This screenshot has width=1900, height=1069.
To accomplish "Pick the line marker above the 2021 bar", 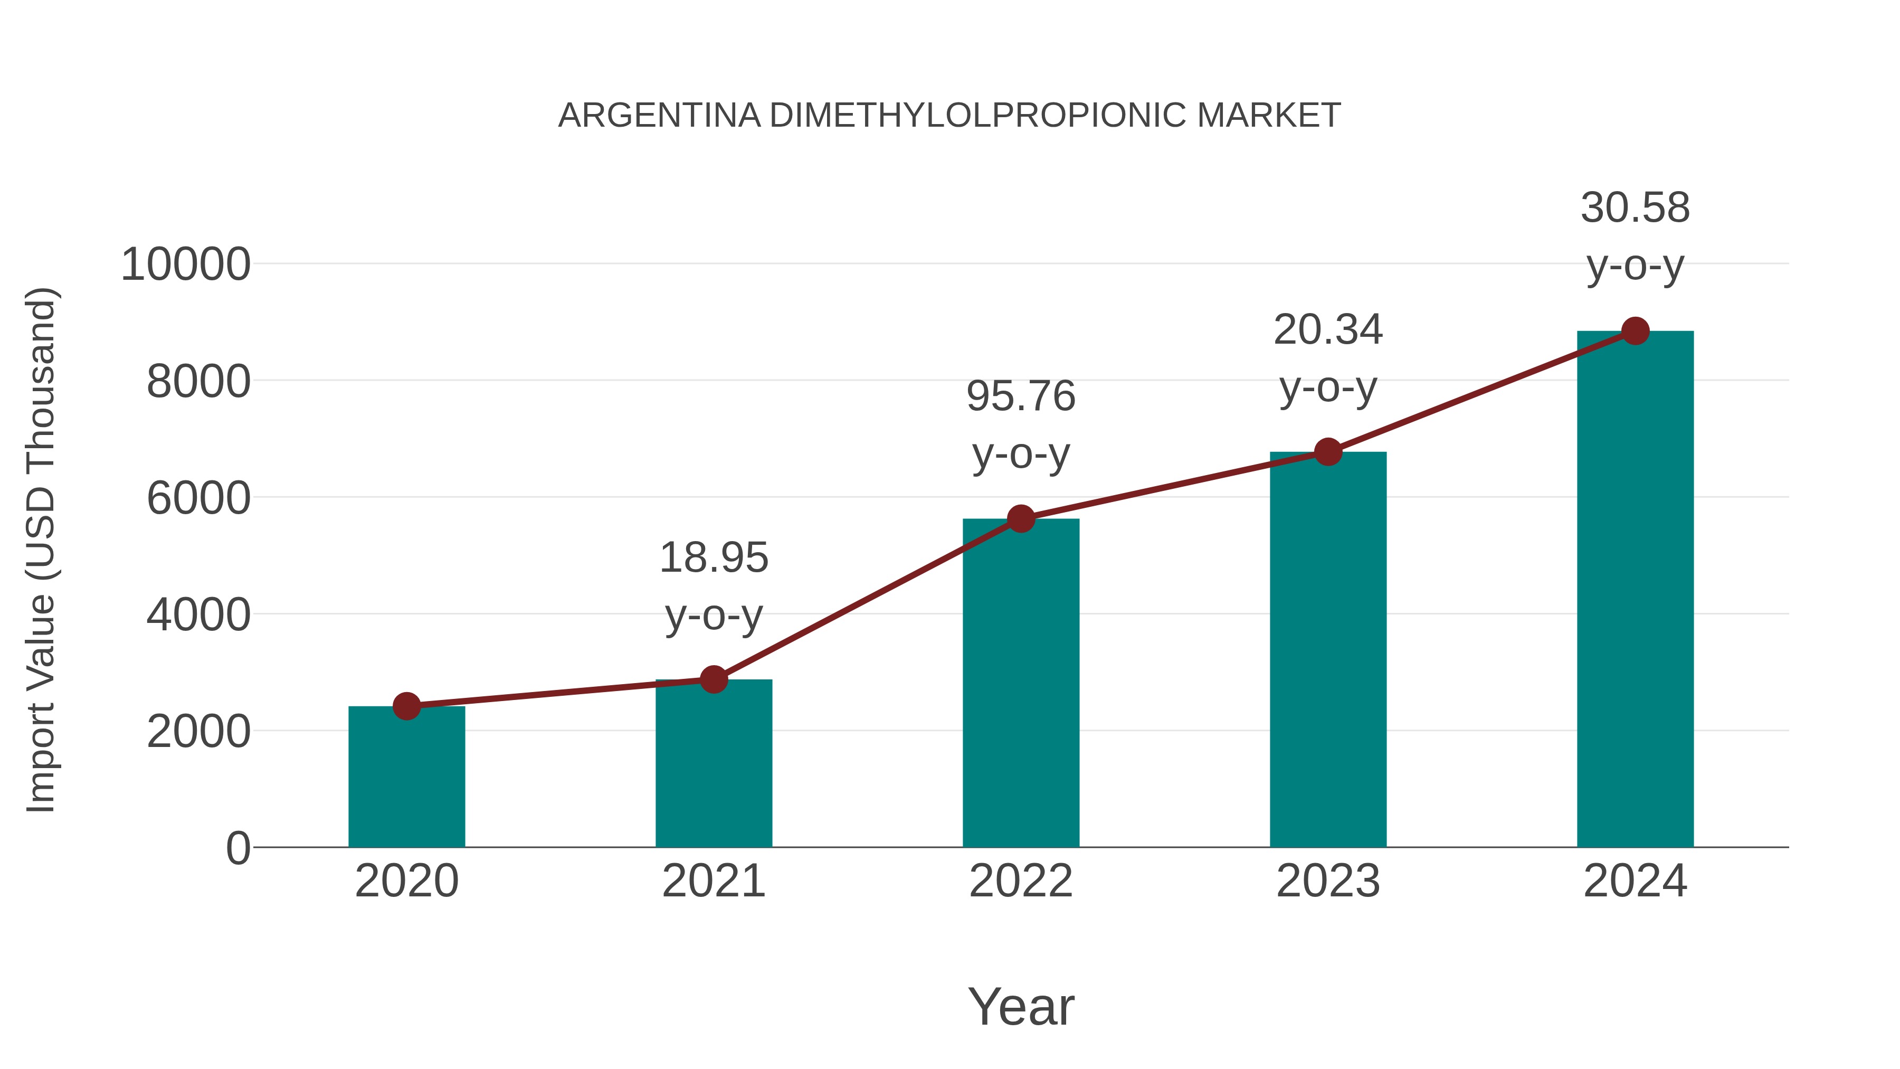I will click(713, 679).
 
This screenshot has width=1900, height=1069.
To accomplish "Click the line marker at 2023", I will click(1328, 451).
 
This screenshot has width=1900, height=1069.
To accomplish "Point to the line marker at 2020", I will click(406, 706).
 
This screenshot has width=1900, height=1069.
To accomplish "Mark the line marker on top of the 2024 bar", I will click(1635, 331).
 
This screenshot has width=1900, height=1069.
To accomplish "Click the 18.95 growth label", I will click(713, 558).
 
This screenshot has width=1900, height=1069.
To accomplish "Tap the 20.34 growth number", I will click(1328, 330).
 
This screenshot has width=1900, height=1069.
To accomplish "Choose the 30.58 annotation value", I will click(1635, 208).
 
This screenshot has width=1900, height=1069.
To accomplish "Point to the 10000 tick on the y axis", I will click(185, 265).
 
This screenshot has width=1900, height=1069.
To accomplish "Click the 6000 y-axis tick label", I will click(198, 499).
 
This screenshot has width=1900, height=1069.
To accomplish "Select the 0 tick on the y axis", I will click(237, 848).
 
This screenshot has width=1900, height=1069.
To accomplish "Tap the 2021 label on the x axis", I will click(713, 881).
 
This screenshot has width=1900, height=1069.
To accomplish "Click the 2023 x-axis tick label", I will click(1328, 881).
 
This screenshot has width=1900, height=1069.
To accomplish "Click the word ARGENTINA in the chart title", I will click(659, 116).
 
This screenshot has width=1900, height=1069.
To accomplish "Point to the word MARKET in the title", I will click(1269, 116).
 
